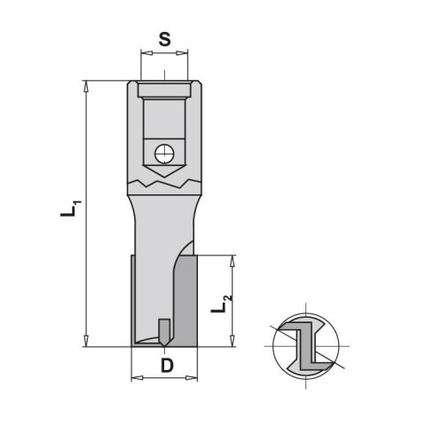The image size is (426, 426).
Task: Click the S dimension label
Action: (164, 39)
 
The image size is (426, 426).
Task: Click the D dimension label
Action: (167, 366)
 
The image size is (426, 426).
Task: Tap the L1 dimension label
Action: (70, 209)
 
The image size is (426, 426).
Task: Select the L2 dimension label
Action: (221, 304)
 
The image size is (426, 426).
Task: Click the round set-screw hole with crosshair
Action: (164, 154)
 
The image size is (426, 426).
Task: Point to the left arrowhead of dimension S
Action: (146, 53)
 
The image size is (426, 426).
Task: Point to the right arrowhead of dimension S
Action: (182, 53)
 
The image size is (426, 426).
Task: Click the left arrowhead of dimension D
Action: (137, 378)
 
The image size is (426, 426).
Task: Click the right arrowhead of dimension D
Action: (191, 378)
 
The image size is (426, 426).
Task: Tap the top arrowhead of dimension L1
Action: (86, 86)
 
